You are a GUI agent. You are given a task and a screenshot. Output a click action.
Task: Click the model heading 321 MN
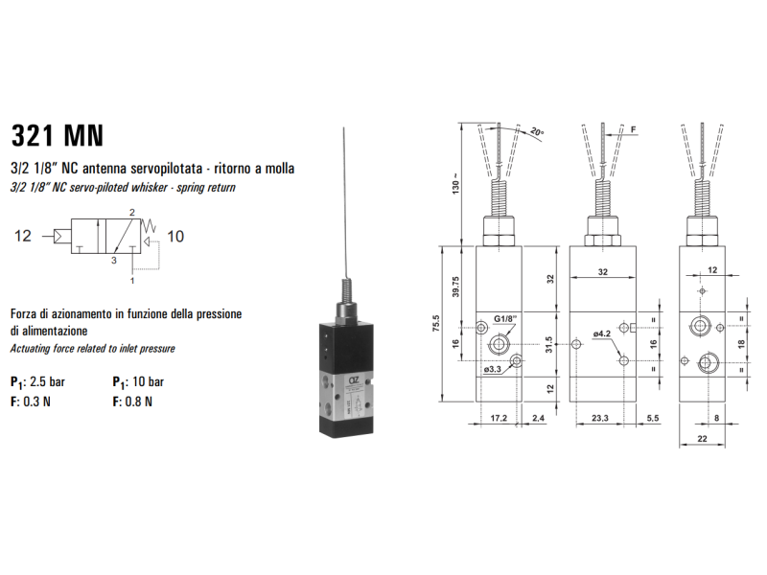58,135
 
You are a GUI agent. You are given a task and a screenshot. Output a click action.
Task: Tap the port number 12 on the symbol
22,236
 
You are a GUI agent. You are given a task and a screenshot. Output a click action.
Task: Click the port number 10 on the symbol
175,237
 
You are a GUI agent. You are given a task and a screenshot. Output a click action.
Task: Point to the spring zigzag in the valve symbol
149,226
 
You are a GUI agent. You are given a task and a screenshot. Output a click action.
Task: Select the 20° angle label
537,132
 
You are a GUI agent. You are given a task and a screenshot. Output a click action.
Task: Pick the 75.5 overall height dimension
436,324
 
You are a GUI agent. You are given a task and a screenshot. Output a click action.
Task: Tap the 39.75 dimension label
456,287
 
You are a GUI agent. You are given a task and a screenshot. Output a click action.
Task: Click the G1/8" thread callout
505,319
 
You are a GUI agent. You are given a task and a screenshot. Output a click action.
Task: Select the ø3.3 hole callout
493,370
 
